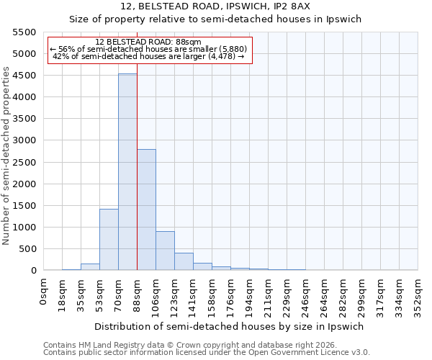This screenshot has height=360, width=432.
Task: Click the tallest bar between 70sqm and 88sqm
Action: [127, 172]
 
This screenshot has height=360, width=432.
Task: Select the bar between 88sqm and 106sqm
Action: [146, 210]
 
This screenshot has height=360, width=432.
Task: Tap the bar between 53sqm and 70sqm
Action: [109, 240]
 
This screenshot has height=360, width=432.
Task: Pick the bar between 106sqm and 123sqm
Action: [165, 251]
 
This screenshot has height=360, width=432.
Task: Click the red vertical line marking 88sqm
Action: [137, 166]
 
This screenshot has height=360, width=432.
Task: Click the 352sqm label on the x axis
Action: [418, 295]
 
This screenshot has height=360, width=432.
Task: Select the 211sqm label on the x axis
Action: [269, 295]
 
